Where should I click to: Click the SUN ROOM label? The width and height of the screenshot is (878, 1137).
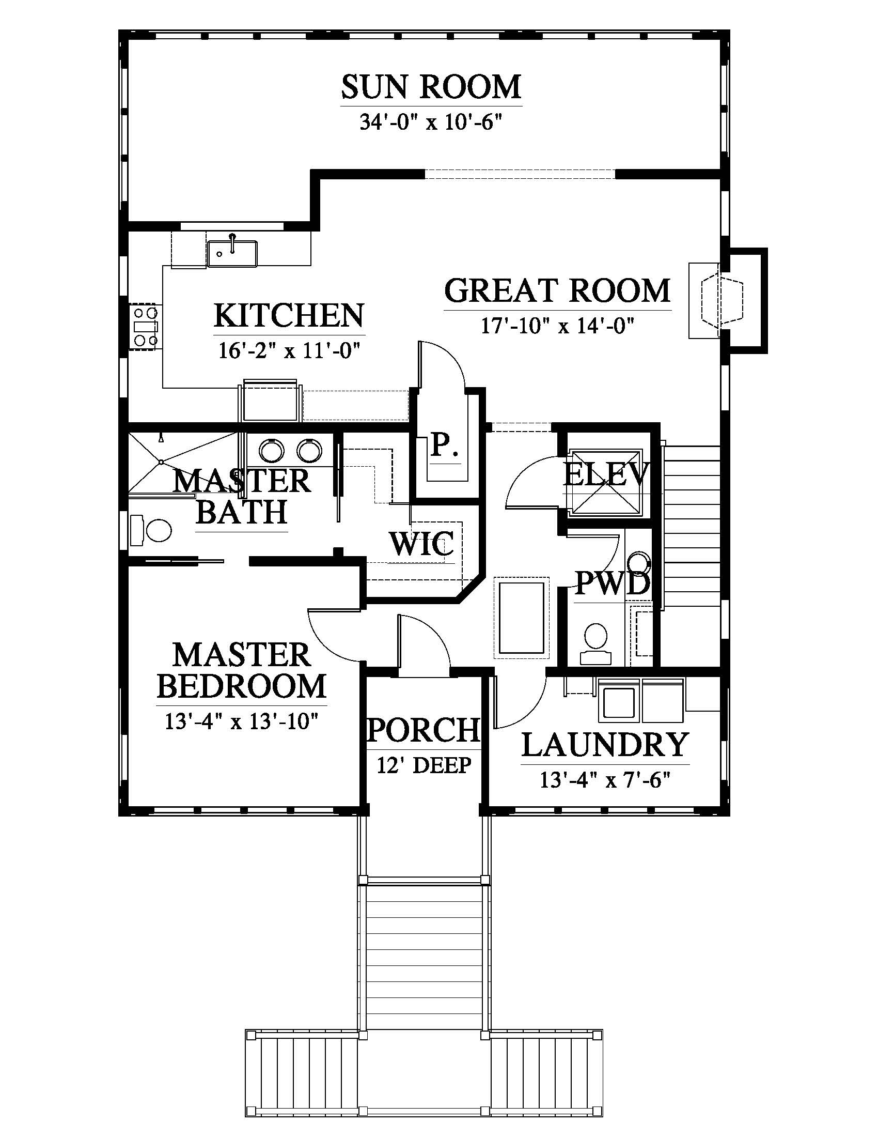pyautogui.click(x=431, y=87)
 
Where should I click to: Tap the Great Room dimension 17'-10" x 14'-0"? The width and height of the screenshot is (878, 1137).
pyautogui.click(x=558, y=327)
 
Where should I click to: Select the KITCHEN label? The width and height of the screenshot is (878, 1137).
pyautogui.click(x=289, y=315)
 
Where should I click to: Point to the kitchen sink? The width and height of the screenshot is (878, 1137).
pyautogui.click(x=232, y=253)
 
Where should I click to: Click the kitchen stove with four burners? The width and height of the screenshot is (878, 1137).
pyautogui.click(x=146, y=327)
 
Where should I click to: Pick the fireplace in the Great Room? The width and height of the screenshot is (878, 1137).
pyautogui.click(x=721, y=301)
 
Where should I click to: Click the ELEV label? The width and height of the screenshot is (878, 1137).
pyautogui.click(x=606, y=474)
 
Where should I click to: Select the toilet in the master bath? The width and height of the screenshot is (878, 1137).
pyautogui.click(x=151, y=530)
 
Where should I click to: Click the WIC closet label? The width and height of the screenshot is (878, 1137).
pyautogui.click(x=422, y=544)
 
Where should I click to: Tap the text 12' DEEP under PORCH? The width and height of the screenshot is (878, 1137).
pyautogui.click(x=424, y=765)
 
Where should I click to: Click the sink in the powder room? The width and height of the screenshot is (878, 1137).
pyautogui.click(x=638, y=564)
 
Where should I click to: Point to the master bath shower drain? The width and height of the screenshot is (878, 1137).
pyautogui.click(x=162, y=462)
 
